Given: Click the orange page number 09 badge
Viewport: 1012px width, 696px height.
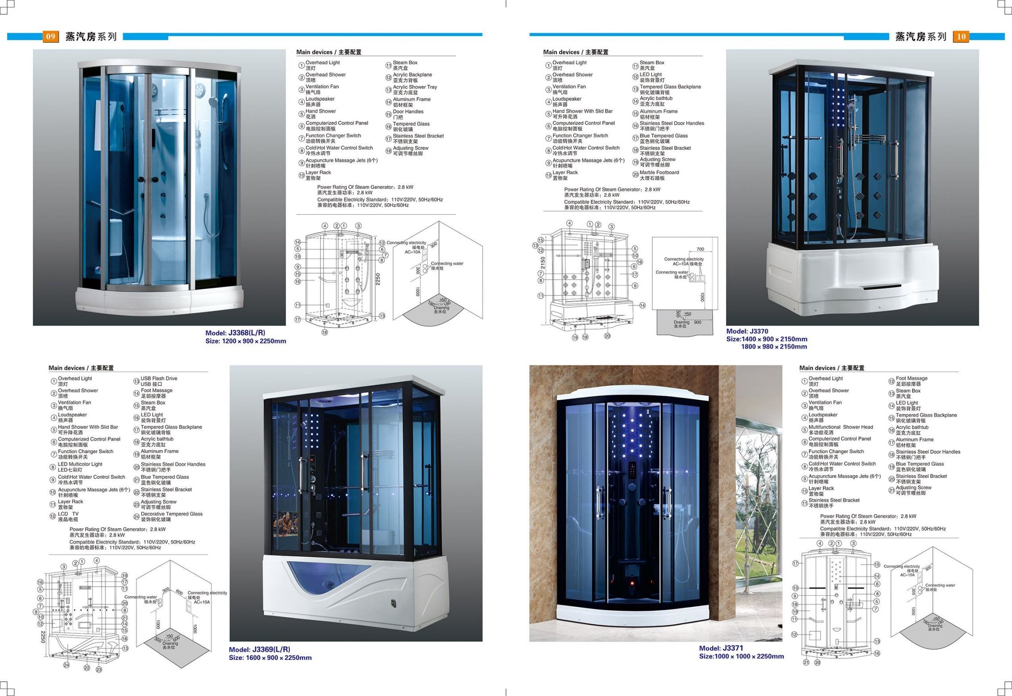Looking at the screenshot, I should [x=50, y=37].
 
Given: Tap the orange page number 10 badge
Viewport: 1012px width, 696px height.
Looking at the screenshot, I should [x=961, y=37].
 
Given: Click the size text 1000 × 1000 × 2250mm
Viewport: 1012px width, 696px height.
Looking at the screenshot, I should [x=748, y=656].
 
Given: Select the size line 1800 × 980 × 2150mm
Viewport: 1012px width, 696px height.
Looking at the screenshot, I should [x=774, y=347].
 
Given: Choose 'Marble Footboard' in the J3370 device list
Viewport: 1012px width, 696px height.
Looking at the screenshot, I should [x=659, y=173].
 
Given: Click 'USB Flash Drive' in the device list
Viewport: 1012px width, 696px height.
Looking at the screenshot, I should [x=159, y=378].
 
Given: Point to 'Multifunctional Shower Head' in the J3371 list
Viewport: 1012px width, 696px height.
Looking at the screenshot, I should [x=841, y=427].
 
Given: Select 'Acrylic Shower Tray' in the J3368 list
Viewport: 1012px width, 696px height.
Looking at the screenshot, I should [x=415, y=87].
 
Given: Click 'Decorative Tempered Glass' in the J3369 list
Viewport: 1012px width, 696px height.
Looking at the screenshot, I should [x=171, y=514].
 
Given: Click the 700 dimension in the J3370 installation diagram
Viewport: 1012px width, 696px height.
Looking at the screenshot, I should [x=700, y=249].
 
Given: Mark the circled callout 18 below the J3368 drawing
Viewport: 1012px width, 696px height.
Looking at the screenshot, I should [x=324, y=332].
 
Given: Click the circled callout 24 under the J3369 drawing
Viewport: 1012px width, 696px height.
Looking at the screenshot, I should [x=66, y=665].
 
